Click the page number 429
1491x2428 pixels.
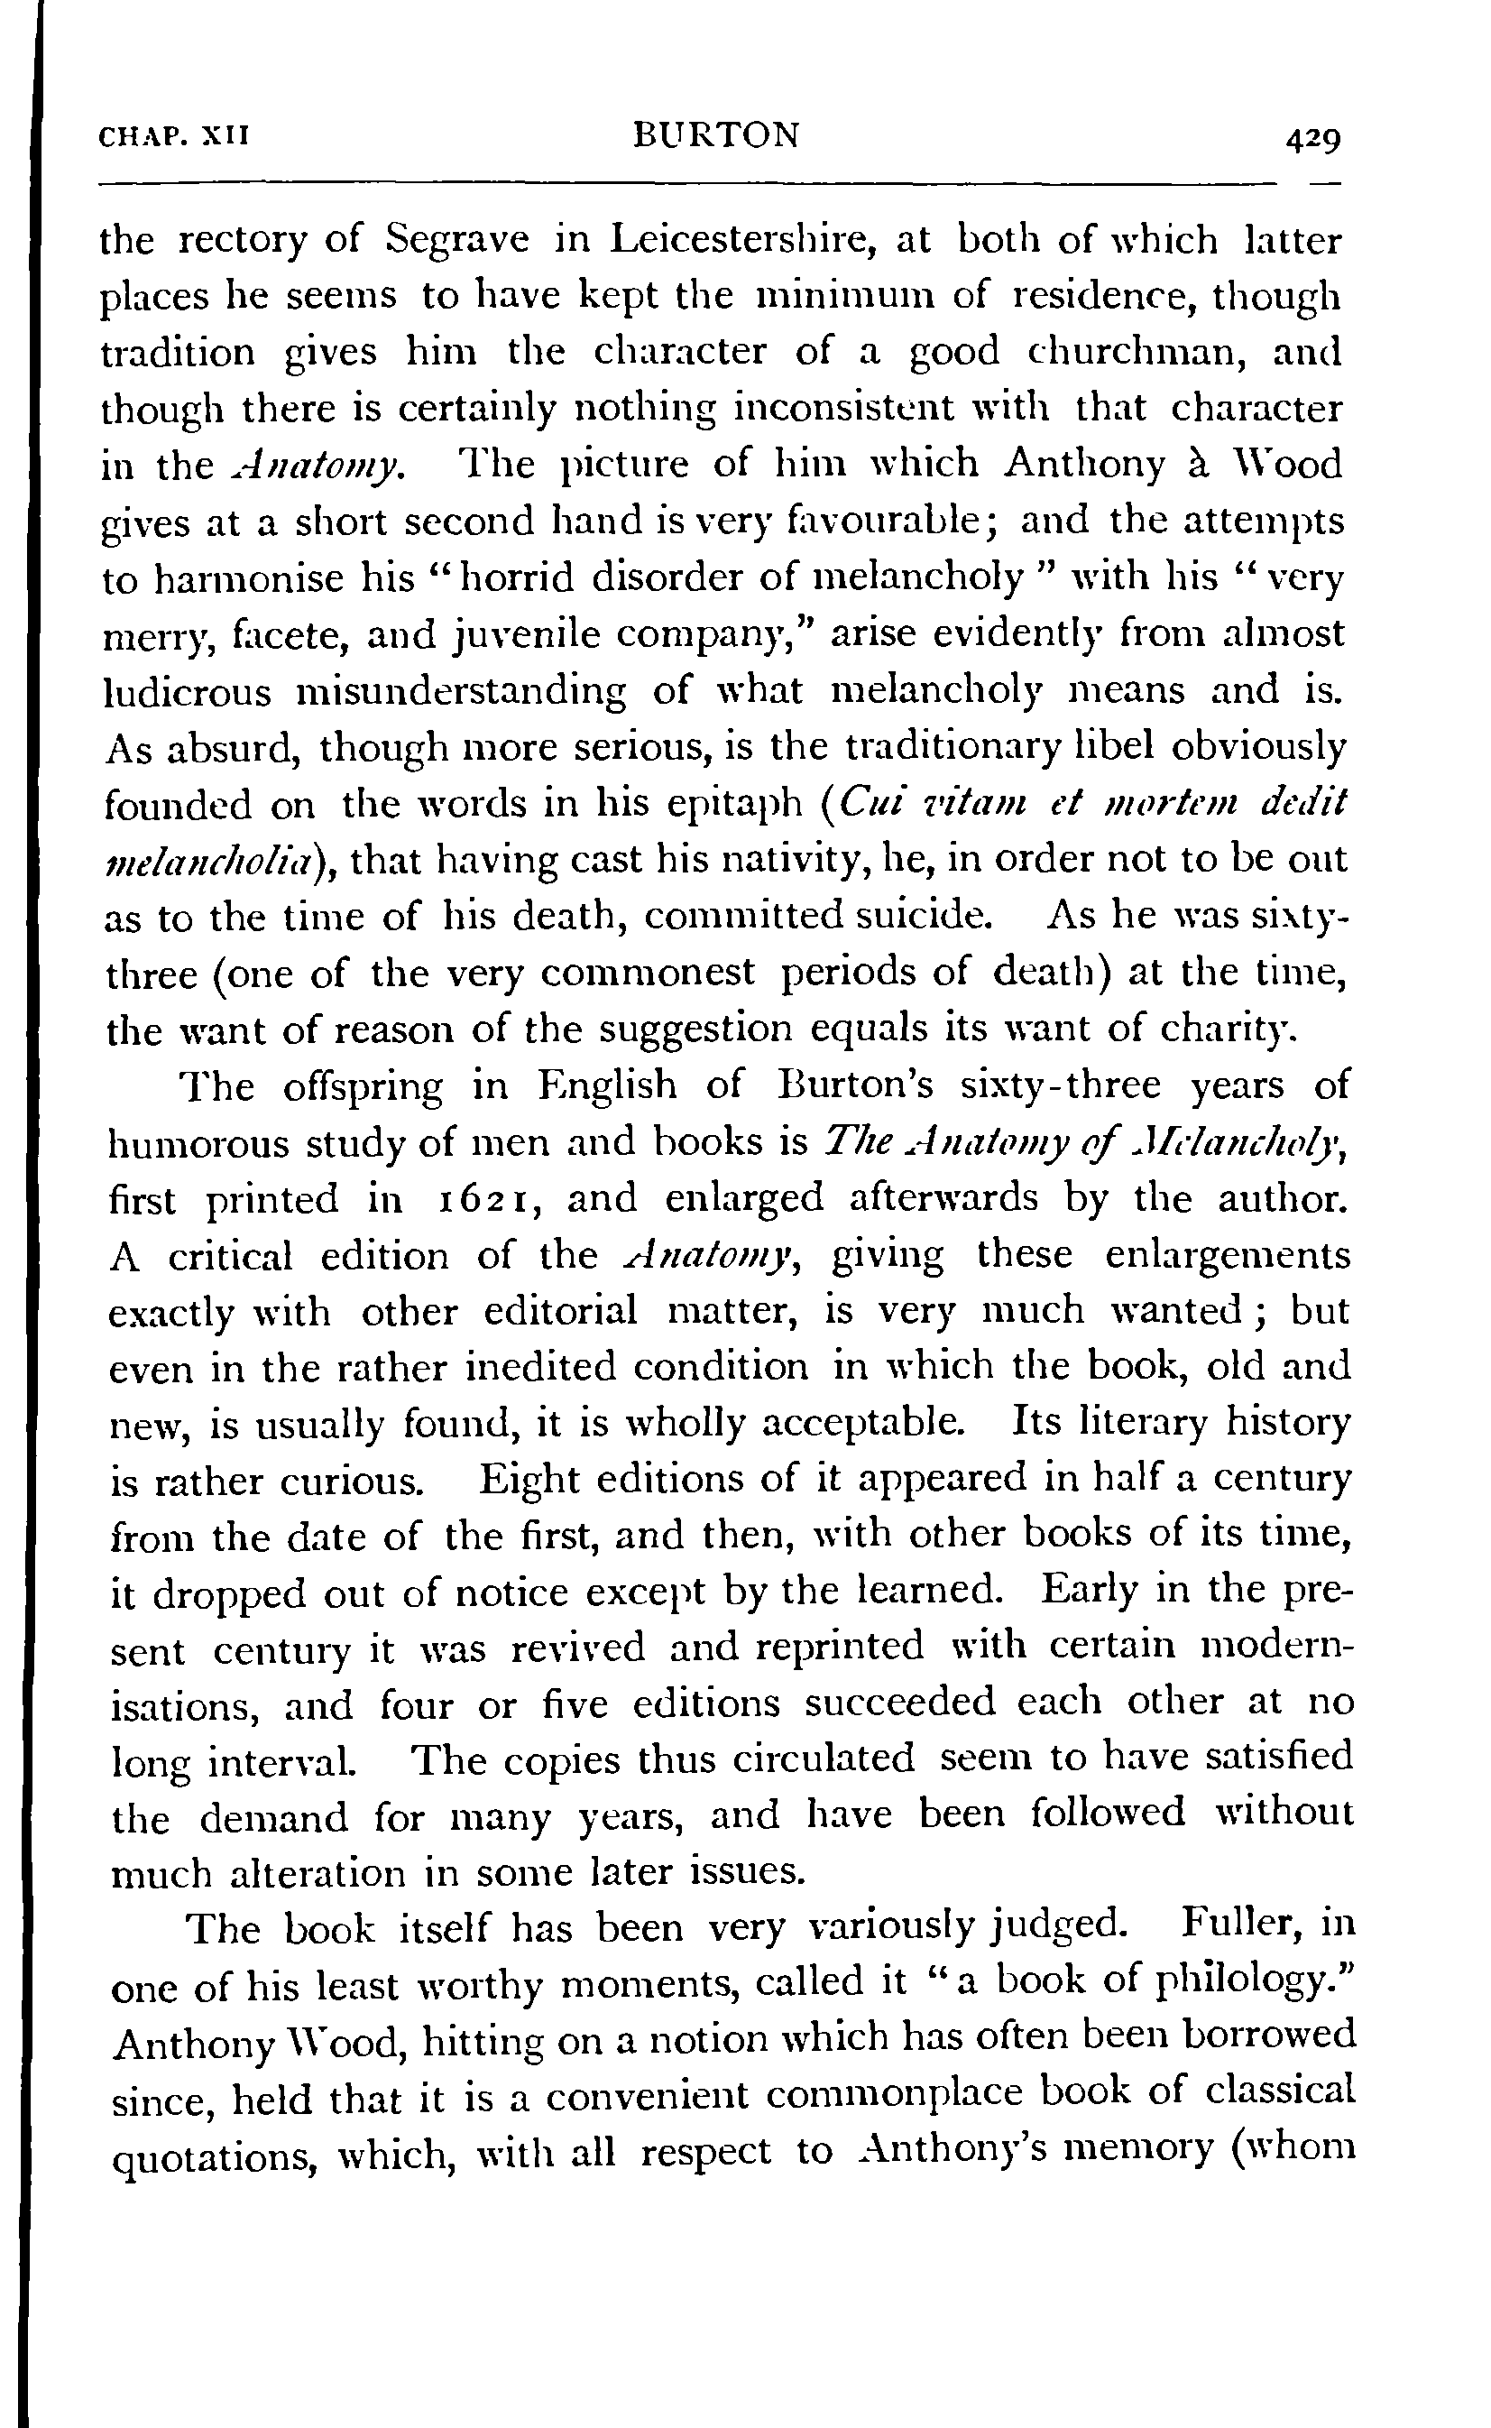[x=1312, y=140]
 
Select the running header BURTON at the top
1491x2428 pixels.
[x=717, y=134]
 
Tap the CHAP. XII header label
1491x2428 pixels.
[x=176, y=135]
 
